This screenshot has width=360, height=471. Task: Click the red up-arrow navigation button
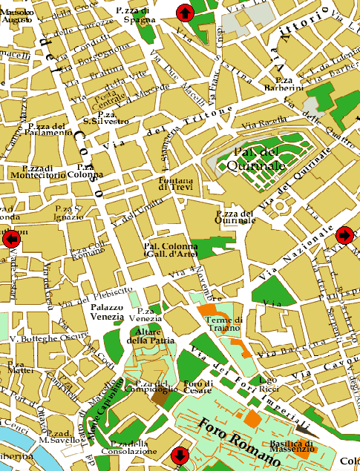click(x=184, y=13)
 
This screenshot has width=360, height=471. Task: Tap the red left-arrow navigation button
click(x=10, y=239)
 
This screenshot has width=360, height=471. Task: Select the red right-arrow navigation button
click(x=344, y=235)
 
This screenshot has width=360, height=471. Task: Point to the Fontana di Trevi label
click(x=175, y=183)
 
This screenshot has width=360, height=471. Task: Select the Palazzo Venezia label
click(x=107, y=312)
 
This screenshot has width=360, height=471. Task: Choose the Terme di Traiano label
click(x=223, y=323)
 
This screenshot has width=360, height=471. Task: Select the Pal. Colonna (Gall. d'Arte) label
click(x=171, y=250)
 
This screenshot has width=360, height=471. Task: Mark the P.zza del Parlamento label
click(x=47, y=130)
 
